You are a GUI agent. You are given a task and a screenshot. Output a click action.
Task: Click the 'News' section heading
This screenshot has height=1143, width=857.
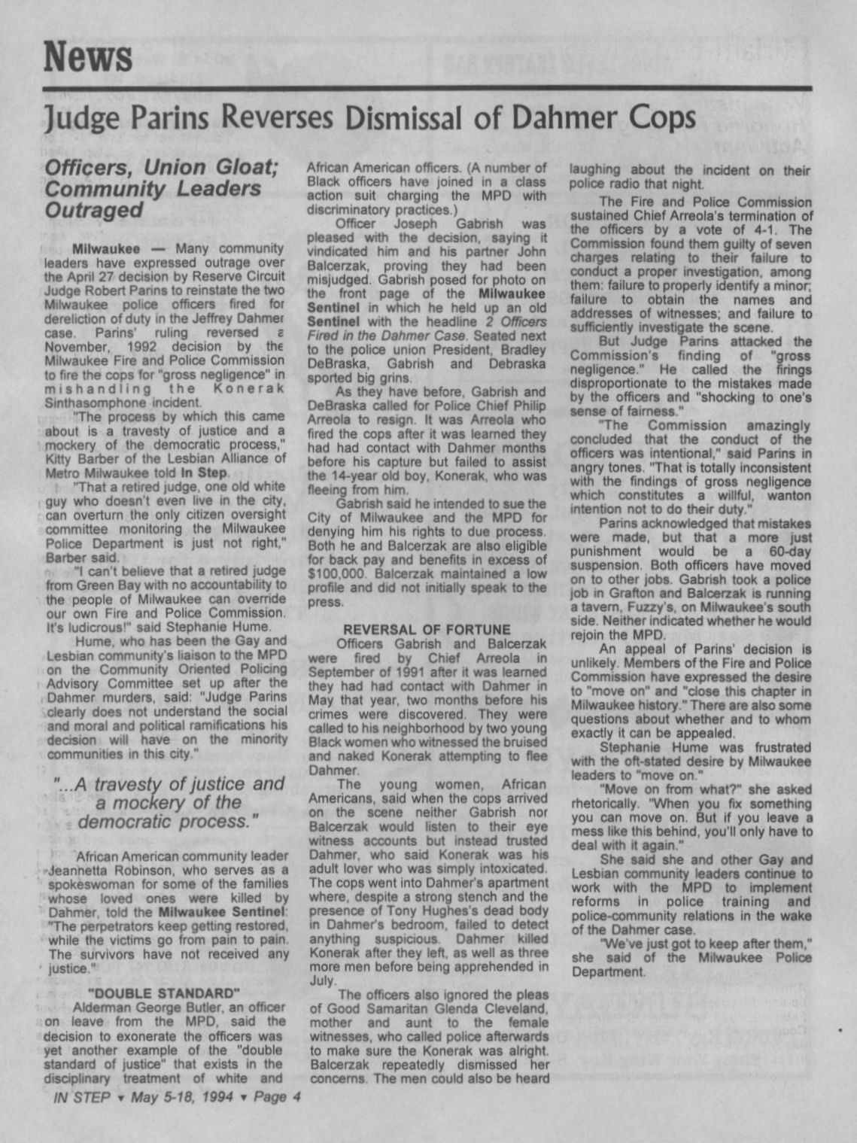coord(88,56)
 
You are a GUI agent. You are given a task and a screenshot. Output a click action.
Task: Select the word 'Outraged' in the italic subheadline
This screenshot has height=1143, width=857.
coord(94,211)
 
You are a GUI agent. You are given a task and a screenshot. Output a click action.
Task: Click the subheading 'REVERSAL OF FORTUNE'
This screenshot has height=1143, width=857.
coord(427,629)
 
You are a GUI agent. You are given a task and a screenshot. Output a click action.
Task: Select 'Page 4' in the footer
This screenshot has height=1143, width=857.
coord(277,1097)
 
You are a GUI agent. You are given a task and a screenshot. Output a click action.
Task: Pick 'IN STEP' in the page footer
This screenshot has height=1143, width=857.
coord(82,1097)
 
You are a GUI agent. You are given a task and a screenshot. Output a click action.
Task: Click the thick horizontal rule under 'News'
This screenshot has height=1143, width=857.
coord(427,90)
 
